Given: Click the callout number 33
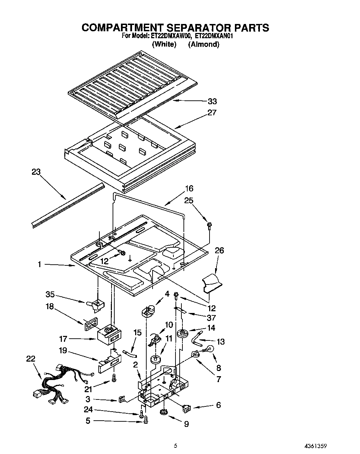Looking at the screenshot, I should [x=212, y=101].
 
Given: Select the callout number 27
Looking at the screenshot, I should [x=212, y=113].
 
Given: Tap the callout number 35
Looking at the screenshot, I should [x=50, y=294].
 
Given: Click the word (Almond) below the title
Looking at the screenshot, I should [x=204, y=44].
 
